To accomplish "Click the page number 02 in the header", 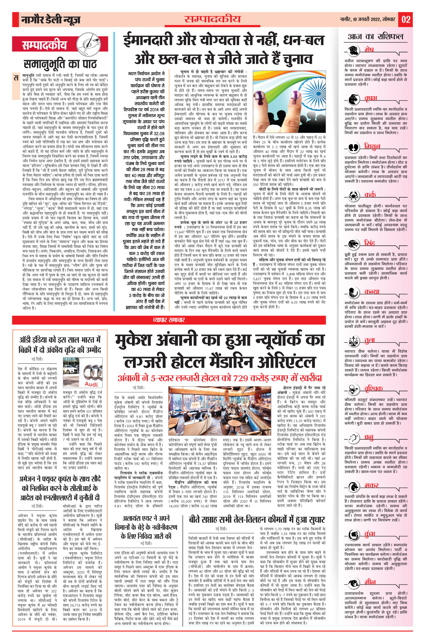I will point(406,20).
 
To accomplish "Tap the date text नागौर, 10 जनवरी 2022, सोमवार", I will point(367,19).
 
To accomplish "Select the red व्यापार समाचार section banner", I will point(169,320).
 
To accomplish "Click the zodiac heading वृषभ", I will point(371,99).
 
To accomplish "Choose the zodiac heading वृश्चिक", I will point(373,389).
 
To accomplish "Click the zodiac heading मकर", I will point(371,485).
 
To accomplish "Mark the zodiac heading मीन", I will point(370,582).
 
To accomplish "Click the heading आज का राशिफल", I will point(376,37).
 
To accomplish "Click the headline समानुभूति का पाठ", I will point(60,64).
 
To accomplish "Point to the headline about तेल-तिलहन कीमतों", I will point(257,520).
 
